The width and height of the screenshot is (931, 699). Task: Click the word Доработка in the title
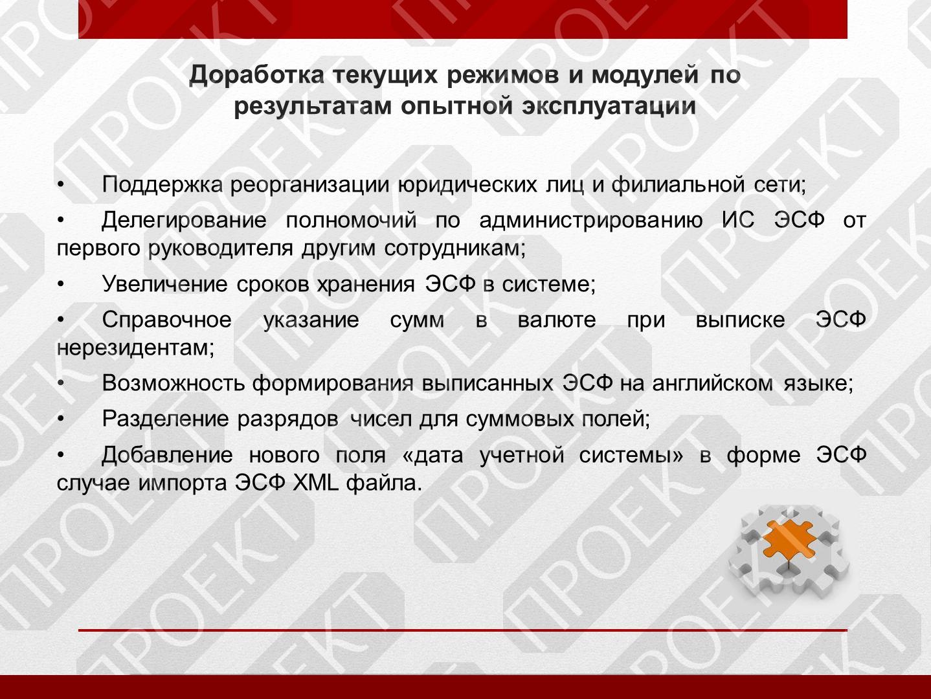(256, 76)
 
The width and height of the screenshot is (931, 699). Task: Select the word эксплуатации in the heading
(609, 106)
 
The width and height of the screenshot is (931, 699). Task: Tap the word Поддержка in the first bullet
(162, 185)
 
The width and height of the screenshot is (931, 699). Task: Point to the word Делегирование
(184, 221)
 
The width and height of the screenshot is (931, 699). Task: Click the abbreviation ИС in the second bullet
(738, 220)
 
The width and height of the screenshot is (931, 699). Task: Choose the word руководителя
(221, 249)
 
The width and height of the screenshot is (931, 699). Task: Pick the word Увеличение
(164, 284)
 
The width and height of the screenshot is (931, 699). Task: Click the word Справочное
(166, 320)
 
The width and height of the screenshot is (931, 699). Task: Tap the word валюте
(557, 320)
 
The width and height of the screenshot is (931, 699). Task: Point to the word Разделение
(165, 419)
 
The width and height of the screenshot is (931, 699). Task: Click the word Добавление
(167, 456)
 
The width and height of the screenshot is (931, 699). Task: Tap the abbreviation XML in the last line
(316, 483)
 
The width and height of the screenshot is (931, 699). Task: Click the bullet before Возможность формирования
(61, 383)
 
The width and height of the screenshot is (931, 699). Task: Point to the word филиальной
(678, 185)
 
